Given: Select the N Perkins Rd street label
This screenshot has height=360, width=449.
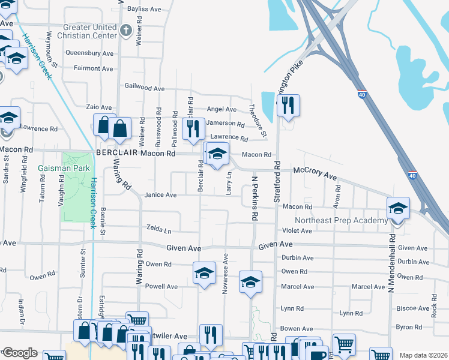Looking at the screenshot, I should pyautogui.click(x=255, y=196).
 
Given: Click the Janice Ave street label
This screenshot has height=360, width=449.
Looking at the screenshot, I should pyautogui.click(x=160, y=195).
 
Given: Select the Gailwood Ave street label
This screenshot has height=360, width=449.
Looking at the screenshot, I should pyautogui.click(x=144, y=88).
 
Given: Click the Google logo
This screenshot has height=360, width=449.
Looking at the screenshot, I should pyautogui.click(x=20, y=353).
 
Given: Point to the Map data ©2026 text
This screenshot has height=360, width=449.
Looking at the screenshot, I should pyautogui.click(x=423, y=355).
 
